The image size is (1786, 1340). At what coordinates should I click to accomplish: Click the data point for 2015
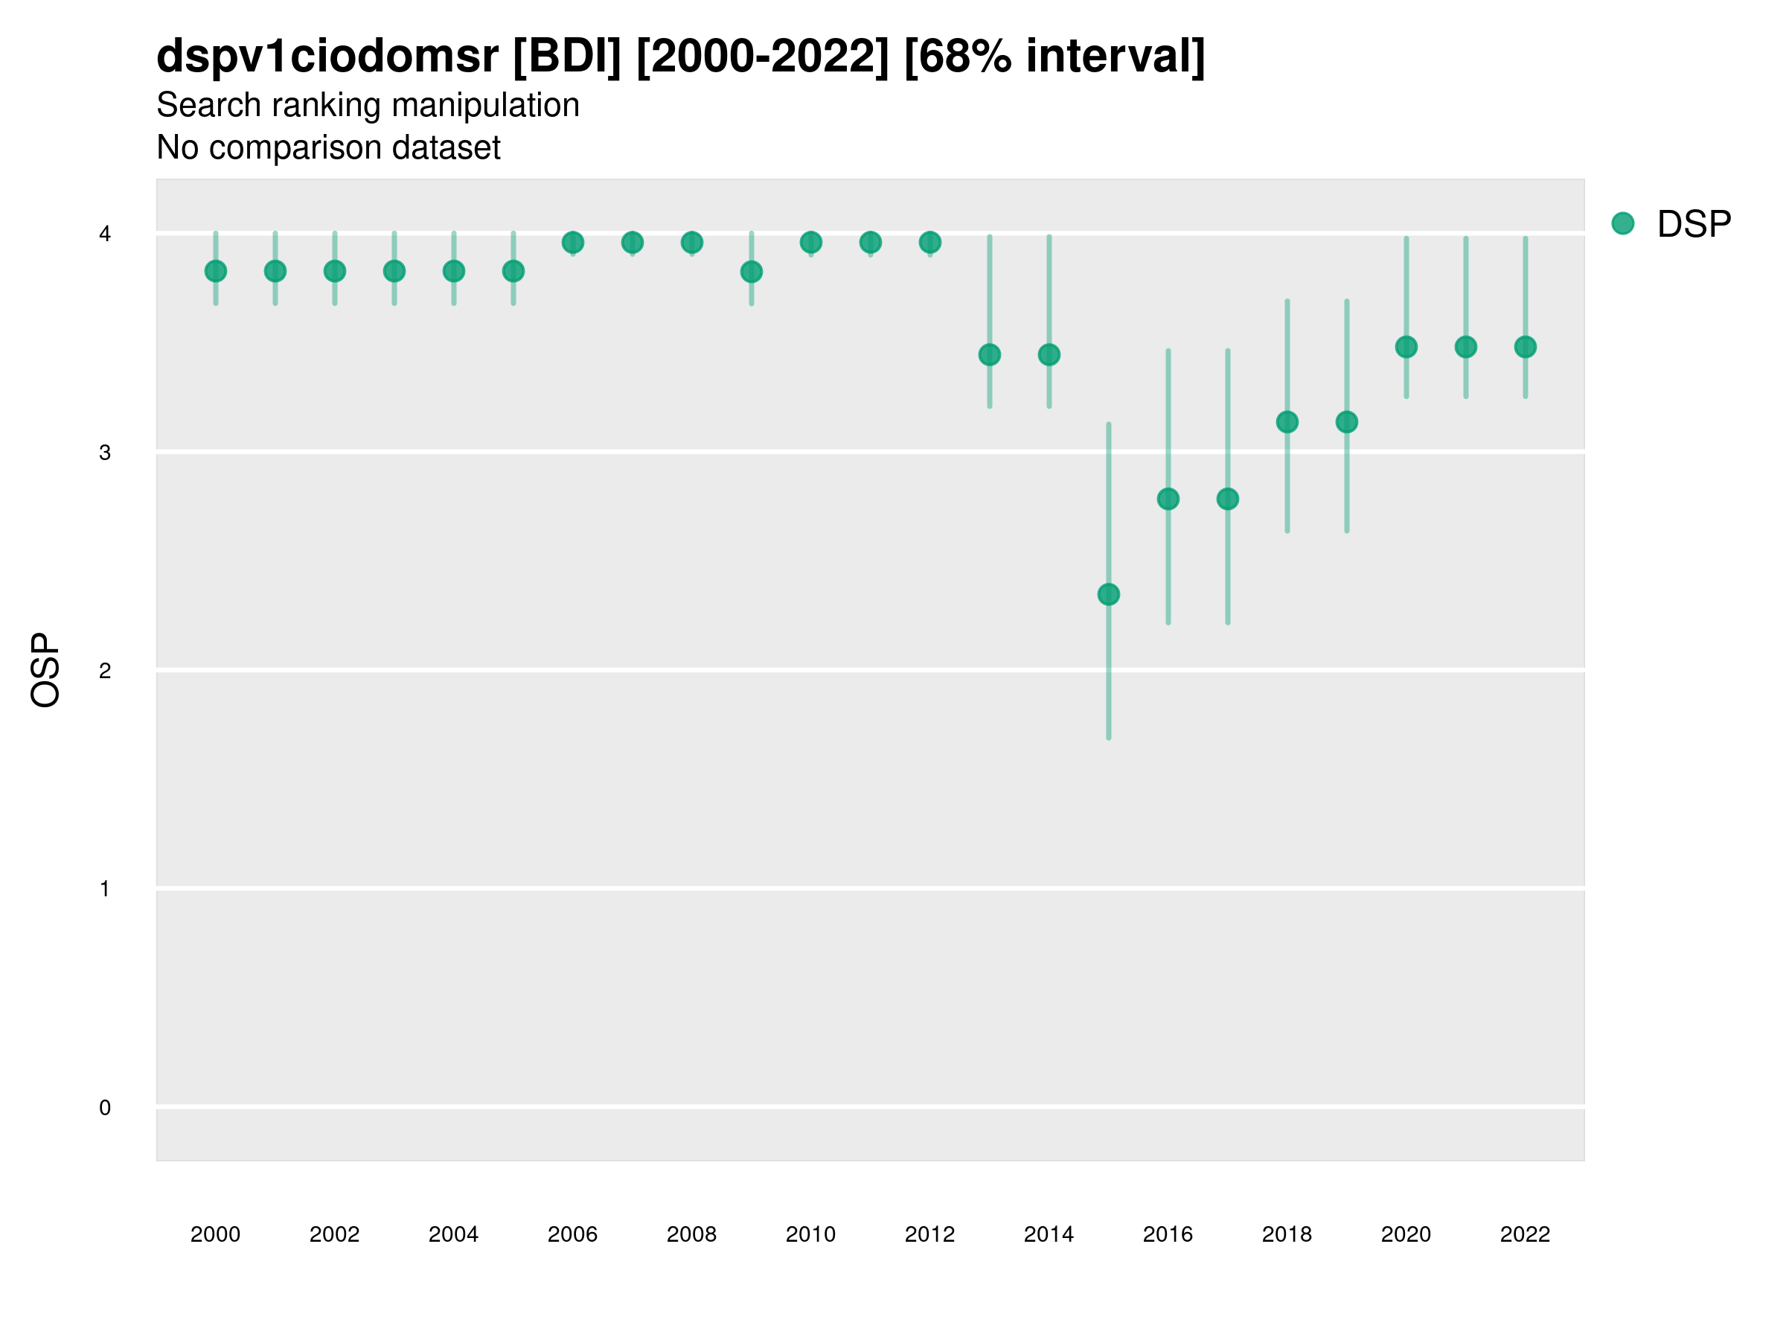(1109, 595)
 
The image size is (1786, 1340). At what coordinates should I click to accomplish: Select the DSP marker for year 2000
(216, 272)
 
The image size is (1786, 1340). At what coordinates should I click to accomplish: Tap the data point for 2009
(751, 272)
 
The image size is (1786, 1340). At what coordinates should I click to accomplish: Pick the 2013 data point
(989, 354)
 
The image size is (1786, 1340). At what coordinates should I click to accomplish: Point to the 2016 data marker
(1168, 500)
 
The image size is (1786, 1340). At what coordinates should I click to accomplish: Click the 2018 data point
(1287, 421)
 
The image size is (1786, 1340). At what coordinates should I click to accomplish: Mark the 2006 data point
(572, 242)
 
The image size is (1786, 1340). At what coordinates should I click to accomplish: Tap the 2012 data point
(930, 242)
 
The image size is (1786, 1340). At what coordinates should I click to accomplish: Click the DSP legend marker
(1622, 224)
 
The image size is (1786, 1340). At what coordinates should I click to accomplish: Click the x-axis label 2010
(810, 1234)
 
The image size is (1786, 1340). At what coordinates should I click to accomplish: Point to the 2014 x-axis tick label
(1049, 1234)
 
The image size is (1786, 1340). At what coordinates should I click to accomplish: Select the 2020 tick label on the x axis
(1406, 1234)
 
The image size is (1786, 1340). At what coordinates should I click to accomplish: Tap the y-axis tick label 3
(105, 453)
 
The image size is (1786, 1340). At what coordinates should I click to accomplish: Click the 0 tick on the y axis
(105, 1108)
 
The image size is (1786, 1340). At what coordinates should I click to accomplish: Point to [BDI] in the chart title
(567, 57)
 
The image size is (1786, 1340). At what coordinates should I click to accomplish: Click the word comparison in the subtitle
(286, 148)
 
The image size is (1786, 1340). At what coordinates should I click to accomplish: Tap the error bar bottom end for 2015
(1109, 737)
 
